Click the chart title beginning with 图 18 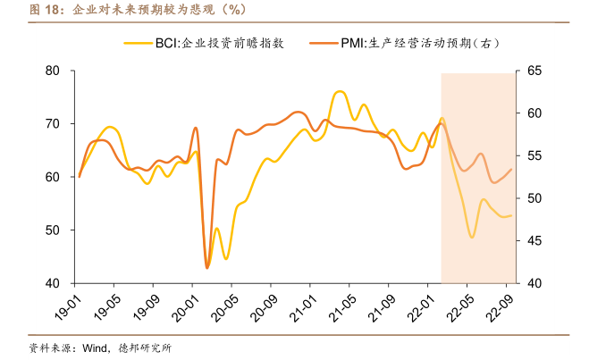[125, 10]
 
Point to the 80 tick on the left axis [53, 71]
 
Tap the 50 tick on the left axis [53, 230]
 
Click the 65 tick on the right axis [534, 71]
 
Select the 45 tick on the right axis [534, 240]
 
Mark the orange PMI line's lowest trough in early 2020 [207, 267]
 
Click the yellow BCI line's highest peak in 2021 [339, 91]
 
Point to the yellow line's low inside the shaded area [472, 237]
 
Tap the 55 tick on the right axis [534, 155]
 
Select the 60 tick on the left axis [53, 177]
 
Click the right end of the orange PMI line [511, 169]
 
